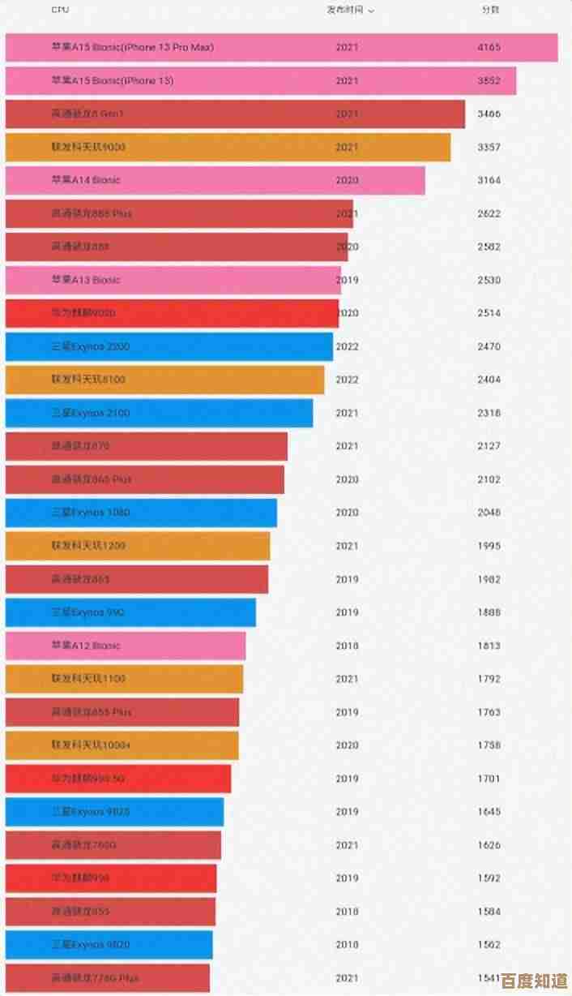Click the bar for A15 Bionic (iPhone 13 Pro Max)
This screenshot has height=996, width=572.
[x=281, y=48]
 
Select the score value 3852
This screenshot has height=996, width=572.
[x=489, y=81]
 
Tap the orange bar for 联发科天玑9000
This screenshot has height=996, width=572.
[x=228, y=147]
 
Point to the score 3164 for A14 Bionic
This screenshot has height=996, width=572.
[x=489, y=180]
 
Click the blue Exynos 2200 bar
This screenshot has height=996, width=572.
[x=169, y=346]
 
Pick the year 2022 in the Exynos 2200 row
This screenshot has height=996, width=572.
[x=347, y=346]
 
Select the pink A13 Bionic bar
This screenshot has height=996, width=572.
[x=173, y=280]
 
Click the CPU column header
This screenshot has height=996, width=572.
[x=60, y=10]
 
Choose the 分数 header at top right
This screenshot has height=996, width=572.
[x=489, y=10]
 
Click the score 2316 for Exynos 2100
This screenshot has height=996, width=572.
[x=489, y=413]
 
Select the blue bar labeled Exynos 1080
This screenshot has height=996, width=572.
[x=141, y=513]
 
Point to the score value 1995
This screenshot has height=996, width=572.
[x=489, y=546]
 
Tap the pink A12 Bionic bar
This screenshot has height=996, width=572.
[x=126, y=646]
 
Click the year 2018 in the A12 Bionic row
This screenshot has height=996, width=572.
[x=347, y=646]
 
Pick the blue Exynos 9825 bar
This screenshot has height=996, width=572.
[x=114, y=812]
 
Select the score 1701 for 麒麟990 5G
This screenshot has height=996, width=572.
[x=489, y=779]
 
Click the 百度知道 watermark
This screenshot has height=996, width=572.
[x=534, y=980]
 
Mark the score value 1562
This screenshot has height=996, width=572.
[x=489, y=945]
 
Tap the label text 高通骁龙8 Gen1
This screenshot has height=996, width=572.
[x=88, y=114]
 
